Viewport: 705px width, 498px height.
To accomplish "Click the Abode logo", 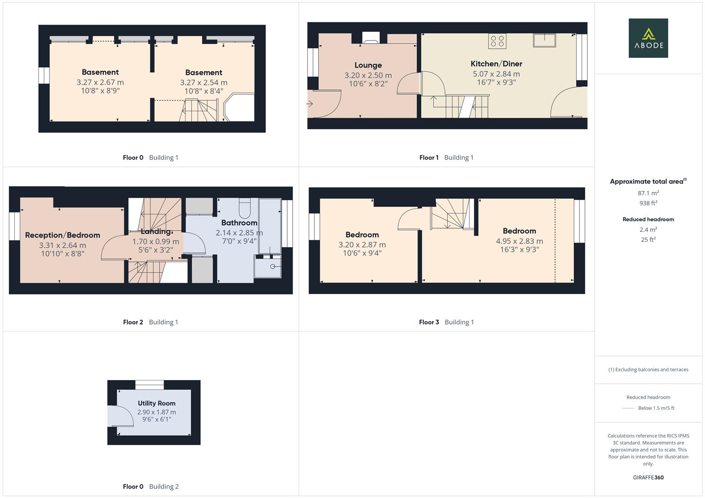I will [x=648, y=38].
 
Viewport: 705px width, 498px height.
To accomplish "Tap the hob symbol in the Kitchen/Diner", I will [x=497, y=41].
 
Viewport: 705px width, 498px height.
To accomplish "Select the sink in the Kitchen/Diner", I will [x=544, y=40].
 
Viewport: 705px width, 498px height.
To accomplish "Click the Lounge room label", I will [x=368, y=65].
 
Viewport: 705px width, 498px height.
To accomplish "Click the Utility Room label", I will [x=157, y=403].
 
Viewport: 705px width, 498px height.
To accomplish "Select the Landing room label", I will [x=156, y=231].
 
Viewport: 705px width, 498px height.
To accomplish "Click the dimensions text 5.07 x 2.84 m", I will [x=496, y=74].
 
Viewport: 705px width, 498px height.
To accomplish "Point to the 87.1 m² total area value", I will [x=648, y=193].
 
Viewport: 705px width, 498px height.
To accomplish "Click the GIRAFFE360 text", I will [x=648, y=478].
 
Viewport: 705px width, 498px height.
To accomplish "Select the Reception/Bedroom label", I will [x=62, y=235].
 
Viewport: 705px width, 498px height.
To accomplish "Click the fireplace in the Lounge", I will [x=371, y=38].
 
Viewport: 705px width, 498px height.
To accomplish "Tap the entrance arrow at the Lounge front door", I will [x=310, y=104].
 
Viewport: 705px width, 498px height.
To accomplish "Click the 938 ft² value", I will [x=648, y=203].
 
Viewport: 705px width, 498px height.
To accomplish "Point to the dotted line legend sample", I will [x=628, y=408].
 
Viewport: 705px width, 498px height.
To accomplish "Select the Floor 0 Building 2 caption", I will [x=151, y=486].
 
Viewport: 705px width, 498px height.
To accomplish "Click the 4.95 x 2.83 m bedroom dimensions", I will [x=519, y=241].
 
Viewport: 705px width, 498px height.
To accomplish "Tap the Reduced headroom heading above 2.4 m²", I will [x=648, y=219].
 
